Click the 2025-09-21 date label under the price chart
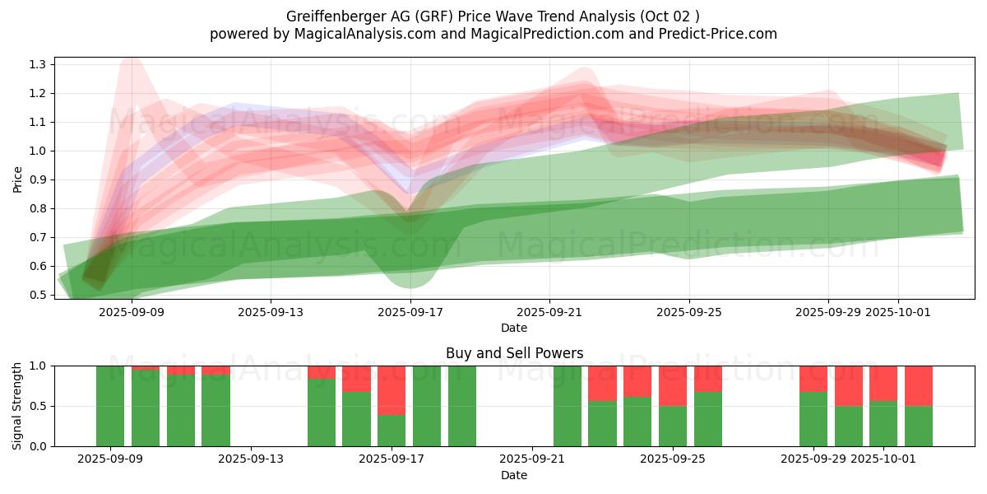549,312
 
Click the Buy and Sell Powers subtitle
514,353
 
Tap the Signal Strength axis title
17,406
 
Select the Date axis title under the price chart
514,328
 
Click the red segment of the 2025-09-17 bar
392,390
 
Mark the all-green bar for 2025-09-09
110,406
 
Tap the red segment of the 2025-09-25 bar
673,385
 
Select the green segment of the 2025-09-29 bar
813,419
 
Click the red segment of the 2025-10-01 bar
883,383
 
